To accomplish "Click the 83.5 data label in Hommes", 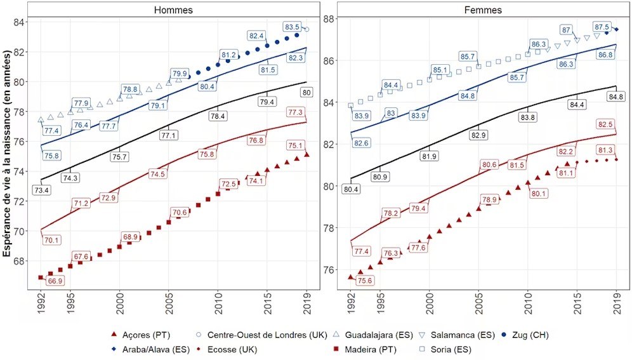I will (x=293, y=27).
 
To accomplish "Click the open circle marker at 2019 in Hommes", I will (x=306, y=29).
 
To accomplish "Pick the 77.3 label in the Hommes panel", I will (x=295, y=112).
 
